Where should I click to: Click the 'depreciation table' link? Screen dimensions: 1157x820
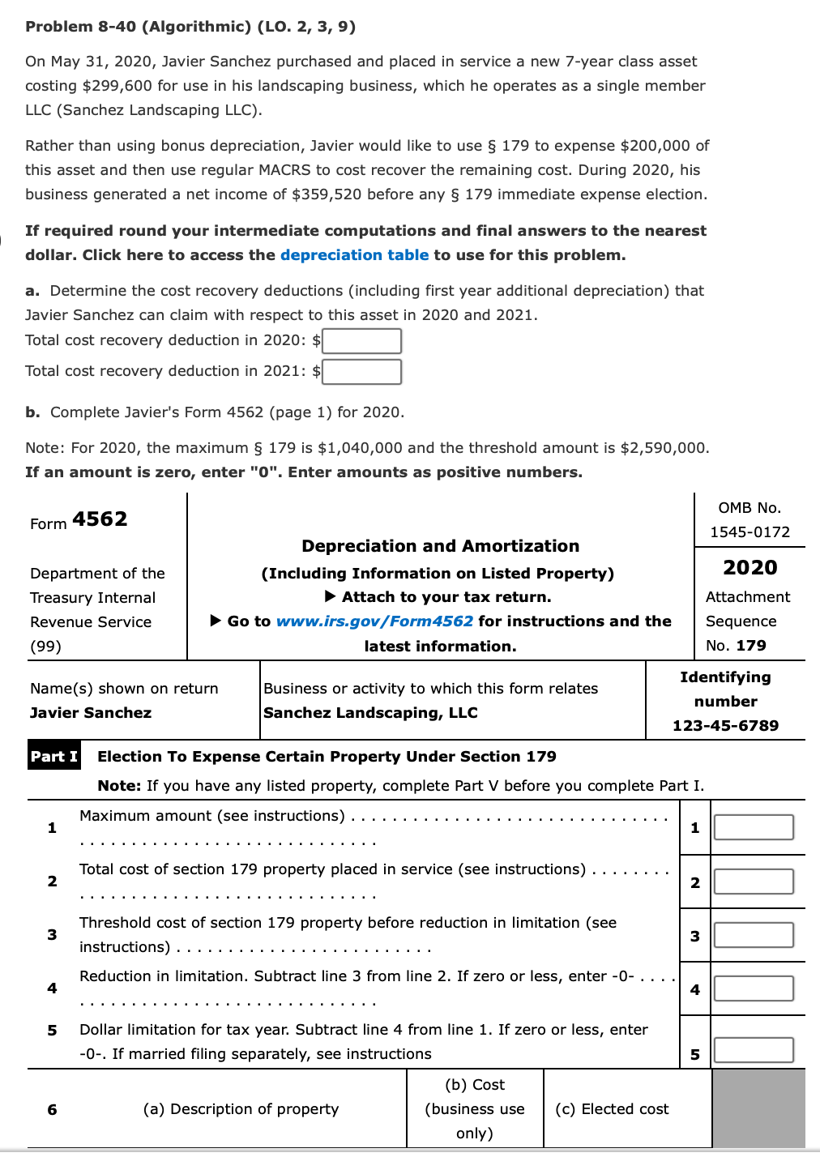pos(354,255)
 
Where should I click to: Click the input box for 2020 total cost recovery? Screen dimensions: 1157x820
pos(361,341)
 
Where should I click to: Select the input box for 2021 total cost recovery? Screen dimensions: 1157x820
pos(361,372)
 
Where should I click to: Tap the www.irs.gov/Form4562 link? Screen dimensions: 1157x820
pos(374,621)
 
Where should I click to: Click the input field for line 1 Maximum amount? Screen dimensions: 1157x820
pos(753,827)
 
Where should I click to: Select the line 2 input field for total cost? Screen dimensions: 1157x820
pos(753,882)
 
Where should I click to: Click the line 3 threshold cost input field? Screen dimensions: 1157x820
pos(753,935)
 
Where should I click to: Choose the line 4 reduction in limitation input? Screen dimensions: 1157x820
pos(753,988)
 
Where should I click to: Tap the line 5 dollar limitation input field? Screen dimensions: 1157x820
pos(753,1051)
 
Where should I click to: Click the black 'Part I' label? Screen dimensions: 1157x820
pos(54,756)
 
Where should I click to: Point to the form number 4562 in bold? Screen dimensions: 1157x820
pos(100,519)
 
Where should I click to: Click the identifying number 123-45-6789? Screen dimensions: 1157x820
pos(725,726)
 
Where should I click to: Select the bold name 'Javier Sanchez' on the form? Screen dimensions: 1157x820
pos(91,713)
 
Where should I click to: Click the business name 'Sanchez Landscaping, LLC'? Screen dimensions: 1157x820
pos(370,713)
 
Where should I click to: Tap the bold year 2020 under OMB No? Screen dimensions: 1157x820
pos(750,568)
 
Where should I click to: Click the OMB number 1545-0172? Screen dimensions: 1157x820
pos(750,532)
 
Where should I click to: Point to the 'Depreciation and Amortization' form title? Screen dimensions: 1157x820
pos(440,546)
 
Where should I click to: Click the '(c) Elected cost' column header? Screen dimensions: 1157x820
pos(612,1109)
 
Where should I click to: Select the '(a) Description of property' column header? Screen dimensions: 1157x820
pos(241,1109)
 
